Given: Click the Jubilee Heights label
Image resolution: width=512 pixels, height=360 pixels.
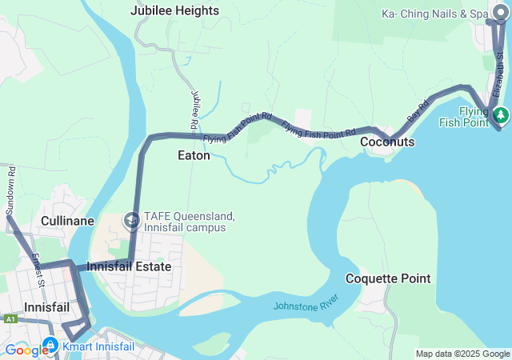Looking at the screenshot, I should [x=174, y=10].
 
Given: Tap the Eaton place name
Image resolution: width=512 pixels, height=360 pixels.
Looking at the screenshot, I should [x=194, y=156].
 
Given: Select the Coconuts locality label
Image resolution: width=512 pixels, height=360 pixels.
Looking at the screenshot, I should [x=387, y=142].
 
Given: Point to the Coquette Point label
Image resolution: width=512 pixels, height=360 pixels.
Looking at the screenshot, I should [x=388, y=278].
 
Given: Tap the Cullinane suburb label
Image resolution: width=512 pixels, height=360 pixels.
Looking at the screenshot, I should [x=68, y=221].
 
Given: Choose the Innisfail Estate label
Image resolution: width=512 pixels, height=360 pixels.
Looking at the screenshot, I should [x=130, y=266].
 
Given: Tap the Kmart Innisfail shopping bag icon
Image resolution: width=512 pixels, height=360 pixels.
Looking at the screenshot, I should [x=50, y=346].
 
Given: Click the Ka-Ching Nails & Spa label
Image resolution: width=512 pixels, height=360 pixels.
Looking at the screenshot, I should [x=434, y=14].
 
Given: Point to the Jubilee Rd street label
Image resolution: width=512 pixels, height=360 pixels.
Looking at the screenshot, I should [x=194, y=110].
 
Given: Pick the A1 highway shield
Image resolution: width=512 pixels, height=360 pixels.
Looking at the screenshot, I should [x=10, y=318].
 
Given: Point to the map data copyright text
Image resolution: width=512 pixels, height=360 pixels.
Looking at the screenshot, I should [x=462, y=354].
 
